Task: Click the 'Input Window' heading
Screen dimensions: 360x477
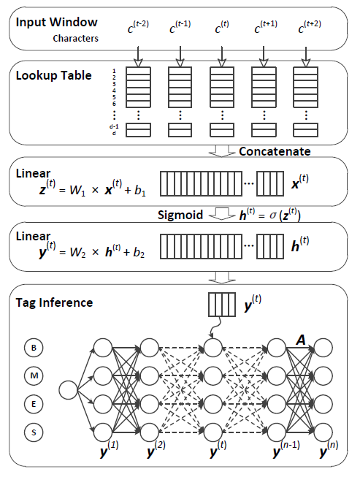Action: [x=56, y=22]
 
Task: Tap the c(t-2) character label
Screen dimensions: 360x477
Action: [x=138, y=26]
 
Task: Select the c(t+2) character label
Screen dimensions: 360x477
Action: [x=310, y=26]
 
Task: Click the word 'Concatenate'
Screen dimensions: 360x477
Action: [x=275, y=151]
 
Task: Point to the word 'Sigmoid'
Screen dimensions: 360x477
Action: [x=180, y=215]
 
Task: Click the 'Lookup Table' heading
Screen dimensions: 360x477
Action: [x=53, y=75]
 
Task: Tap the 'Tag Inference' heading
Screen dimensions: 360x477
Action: [x=54, y=302]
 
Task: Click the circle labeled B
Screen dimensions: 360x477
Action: [x=34, y=348]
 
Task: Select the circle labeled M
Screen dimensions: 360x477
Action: [x=34, y=375]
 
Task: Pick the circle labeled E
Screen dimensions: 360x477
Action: [x=34, y=404]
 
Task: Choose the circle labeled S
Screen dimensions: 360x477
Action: [x=34, y=432]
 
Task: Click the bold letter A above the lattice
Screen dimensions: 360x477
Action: [x=301, y=340]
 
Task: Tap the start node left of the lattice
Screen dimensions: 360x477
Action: [x=68, y=390]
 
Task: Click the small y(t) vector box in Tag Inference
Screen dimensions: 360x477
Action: [x=222, y=305]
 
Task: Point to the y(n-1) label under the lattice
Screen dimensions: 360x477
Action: [x=286, y=449]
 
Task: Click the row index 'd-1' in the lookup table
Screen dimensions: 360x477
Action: [x=114, y=126]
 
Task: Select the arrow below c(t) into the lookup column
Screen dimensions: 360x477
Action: [x=222, y=56]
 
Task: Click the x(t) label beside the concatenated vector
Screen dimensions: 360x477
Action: [x=300, y=182]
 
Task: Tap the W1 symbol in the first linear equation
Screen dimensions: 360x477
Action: [x=77, y=191]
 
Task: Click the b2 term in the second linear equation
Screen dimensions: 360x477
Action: [x=139, y=253]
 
